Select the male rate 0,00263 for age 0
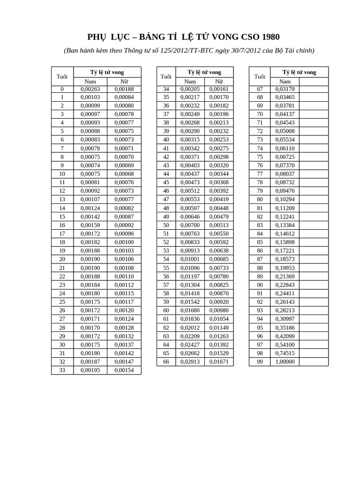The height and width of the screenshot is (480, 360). tap(90, 89)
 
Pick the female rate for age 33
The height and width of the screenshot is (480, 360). tap(124, 370)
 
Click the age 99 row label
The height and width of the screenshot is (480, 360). tap(260, 362)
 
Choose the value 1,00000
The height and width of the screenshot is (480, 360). tap(285, 362)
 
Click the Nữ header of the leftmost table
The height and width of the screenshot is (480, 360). tap(124, 82)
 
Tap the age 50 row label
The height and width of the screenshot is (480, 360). tap(166, 225)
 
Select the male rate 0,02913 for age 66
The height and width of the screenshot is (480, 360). tap(190, 362)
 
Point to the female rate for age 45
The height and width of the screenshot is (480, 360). tap(219, 182)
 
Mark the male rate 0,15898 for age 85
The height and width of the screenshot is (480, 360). tap(285, 242)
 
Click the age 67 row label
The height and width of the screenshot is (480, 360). tap(260, 89)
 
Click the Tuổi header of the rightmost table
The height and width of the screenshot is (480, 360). tap(260, 76)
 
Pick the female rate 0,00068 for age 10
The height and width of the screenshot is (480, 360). tap(124, 174)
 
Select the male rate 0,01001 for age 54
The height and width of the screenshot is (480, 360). tap(190, 259)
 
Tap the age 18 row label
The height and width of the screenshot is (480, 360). tap(62, 242)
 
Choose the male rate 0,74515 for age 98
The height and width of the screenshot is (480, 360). tap(285, 353)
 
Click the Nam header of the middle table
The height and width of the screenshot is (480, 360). tap(190, 82)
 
